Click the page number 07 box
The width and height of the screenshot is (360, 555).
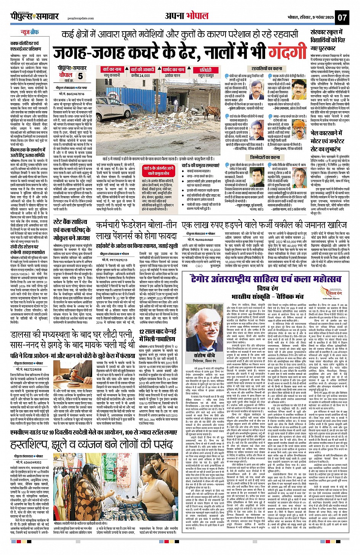point(342,17)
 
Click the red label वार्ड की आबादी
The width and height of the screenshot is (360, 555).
point(142,70)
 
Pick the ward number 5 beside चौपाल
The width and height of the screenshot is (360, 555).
point(80,76)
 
